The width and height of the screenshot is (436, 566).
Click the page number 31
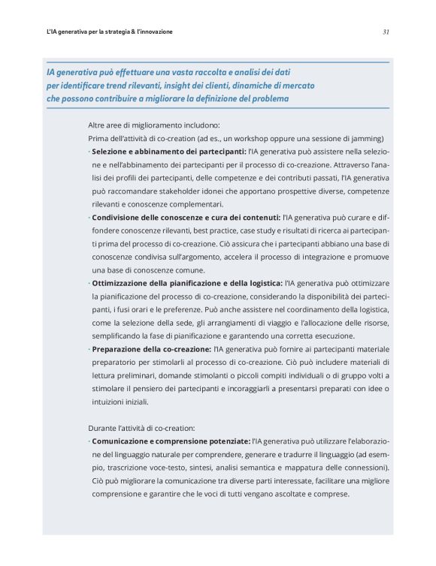[385, 32]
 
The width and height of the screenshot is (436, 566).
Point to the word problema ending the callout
[267, 98]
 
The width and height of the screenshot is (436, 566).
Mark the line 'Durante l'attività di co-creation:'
[142, 427]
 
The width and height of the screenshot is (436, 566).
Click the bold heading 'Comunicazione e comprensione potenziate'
[171, 441]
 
